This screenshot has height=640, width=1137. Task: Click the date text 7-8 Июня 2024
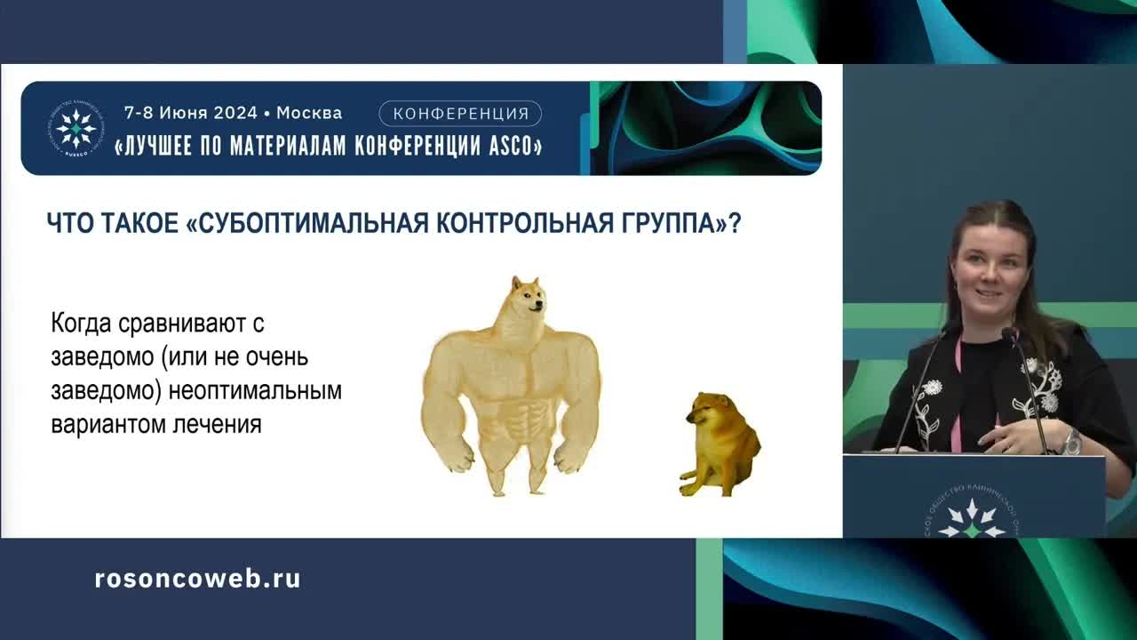tap(189, 113)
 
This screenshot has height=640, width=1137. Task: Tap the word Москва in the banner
tap(308, 113)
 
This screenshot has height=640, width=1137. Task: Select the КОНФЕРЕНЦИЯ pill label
tap(460, 113)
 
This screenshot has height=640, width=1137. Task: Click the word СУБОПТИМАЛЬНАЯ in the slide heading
tap(312, 222)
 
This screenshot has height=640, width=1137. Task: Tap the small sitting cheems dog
tap(720, 444)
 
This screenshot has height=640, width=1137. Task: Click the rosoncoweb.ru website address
tap(197, 579)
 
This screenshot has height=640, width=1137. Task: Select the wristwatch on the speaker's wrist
tap(1073, 440)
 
